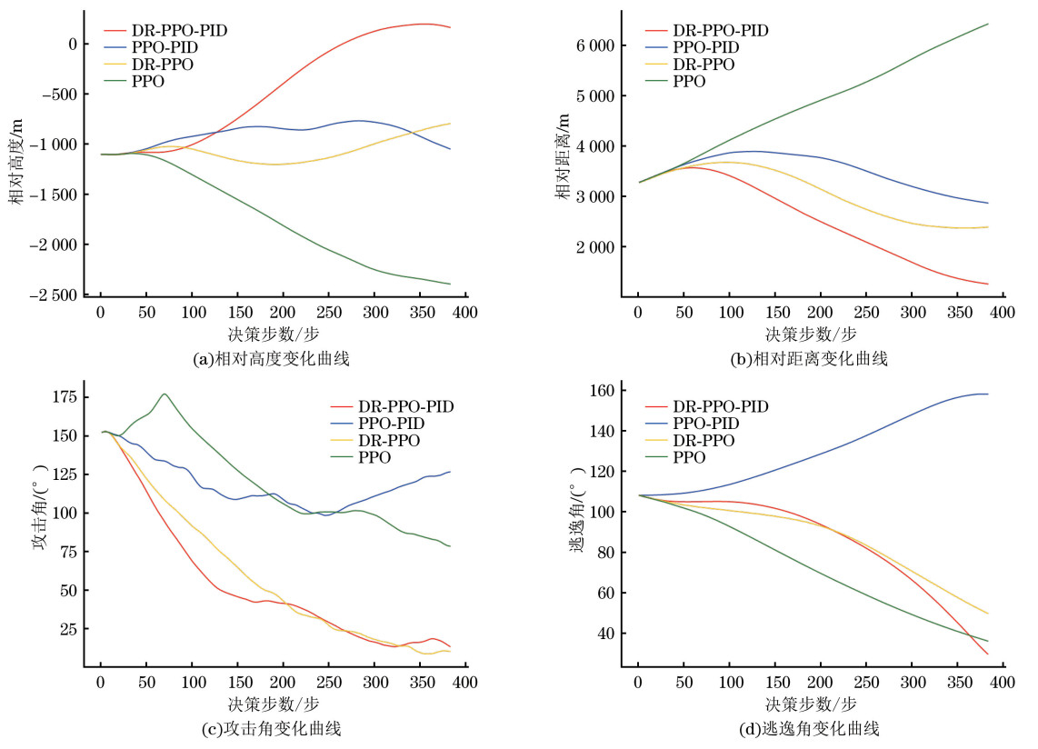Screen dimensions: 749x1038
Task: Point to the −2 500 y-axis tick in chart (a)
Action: tap(55, 295)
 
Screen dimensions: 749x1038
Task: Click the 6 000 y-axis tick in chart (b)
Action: tap(595, 45)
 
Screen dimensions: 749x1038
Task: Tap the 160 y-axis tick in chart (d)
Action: tap(602, 391)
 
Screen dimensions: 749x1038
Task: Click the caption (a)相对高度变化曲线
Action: tap(273, 359)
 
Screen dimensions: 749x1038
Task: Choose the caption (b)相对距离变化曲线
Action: tap(810, 359)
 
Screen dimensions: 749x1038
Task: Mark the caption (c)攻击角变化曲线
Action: tap(273, 728)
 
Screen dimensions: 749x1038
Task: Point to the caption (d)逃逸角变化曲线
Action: tap(810, 728)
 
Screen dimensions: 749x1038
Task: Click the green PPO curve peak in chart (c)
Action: tap(164, 394)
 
